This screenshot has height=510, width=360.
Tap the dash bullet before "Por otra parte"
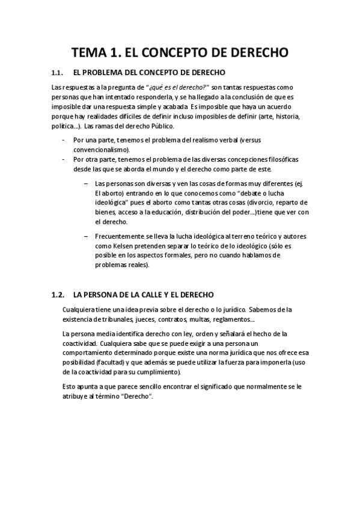pos(64,159)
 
